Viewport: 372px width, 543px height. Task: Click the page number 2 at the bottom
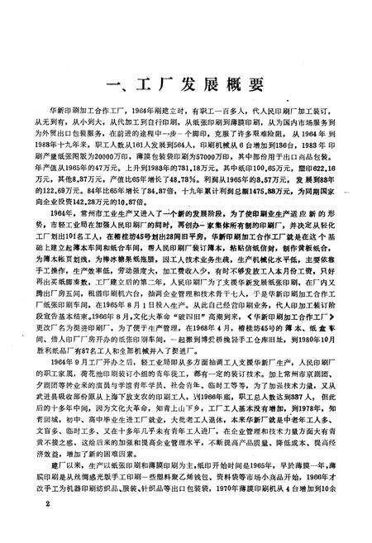coord(50,526)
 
